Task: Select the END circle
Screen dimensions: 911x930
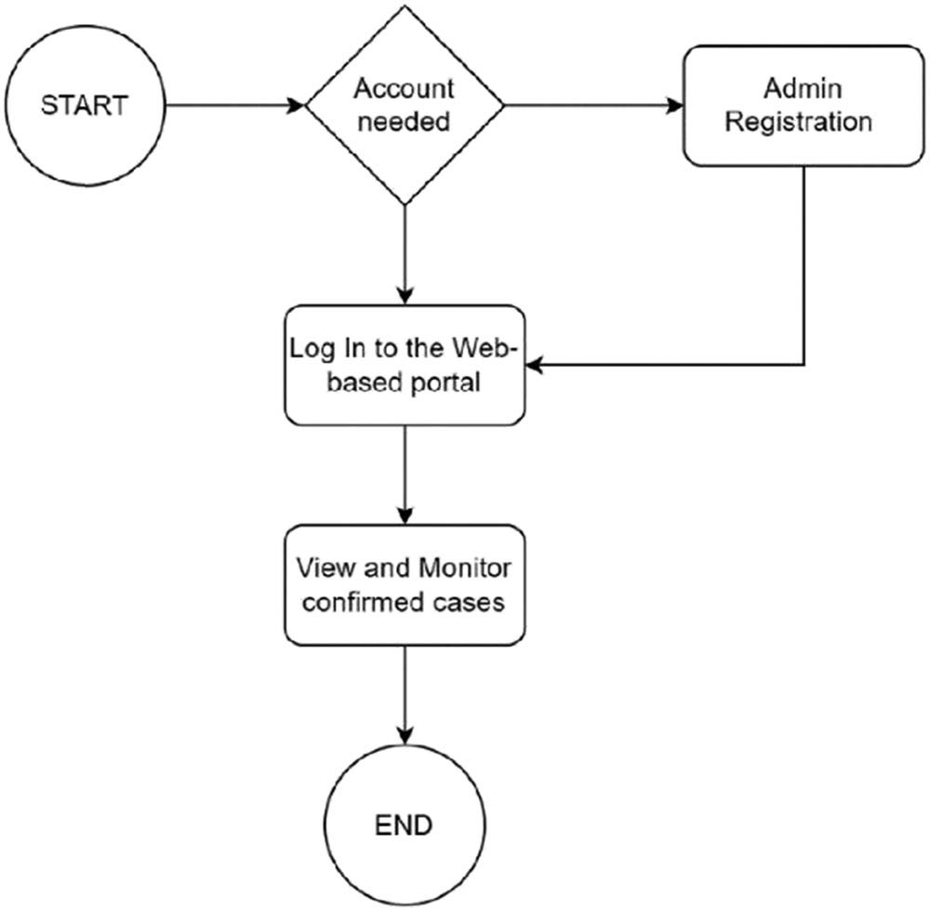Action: (404, 824)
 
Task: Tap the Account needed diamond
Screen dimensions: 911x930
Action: (405, 105)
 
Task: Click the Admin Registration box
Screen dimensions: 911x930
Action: (803, 105)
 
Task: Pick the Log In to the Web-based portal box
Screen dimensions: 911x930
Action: (405, 366)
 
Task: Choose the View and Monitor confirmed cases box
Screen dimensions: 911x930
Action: (405, 584)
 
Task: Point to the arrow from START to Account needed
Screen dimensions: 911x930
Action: (237, 105)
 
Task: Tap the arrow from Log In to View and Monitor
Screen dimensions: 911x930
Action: (405, 475)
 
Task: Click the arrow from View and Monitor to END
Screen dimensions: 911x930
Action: (405, 693)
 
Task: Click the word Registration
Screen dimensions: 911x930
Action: (798, 122)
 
